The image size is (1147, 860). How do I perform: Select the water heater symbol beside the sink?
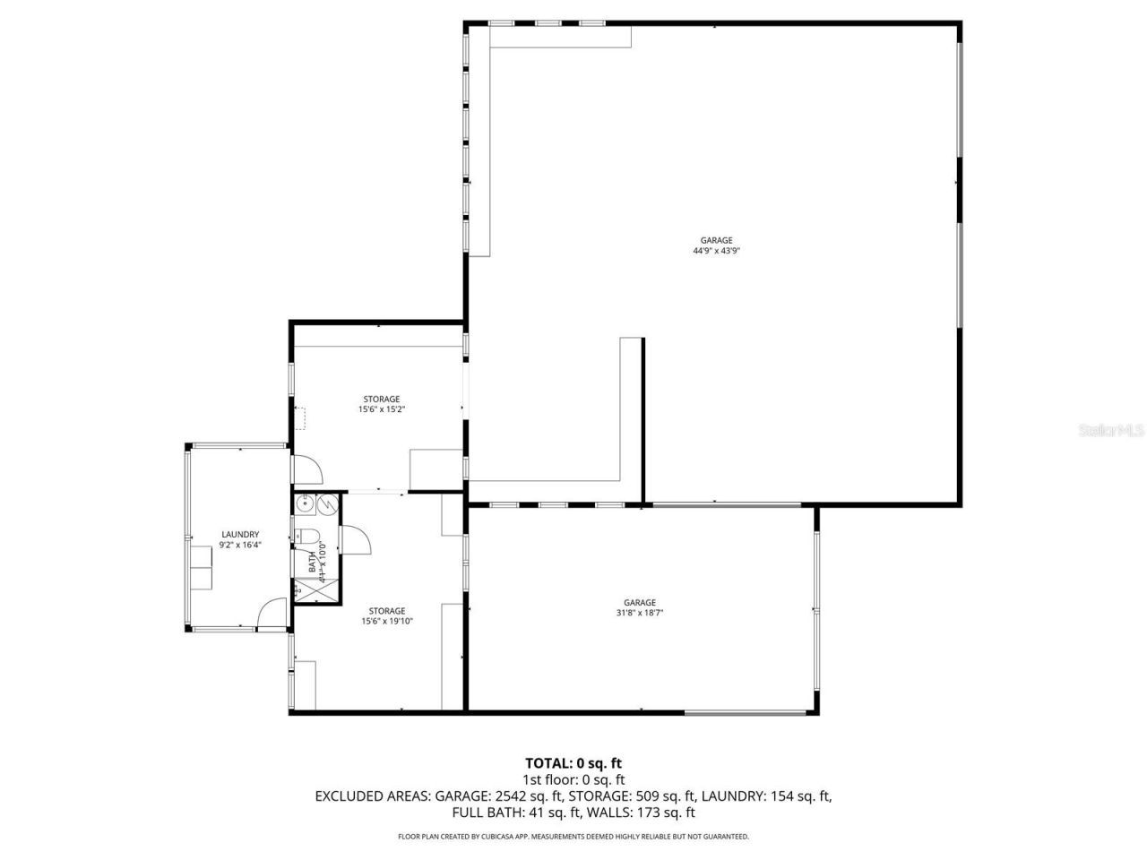(x=327, y=505)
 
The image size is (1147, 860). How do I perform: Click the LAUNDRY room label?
(x=240, y=535)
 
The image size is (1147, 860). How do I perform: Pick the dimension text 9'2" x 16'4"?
(x=240, y=545)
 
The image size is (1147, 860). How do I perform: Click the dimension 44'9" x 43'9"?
(x=716, y=251)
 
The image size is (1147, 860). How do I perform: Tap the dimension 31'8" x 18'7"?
(x=640, y=614)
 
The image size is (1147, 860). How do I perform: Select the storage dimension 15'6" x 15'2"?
(x=381, y=409)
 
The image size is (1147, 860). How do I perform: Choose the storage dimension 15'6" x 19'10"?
(x=387, y=621)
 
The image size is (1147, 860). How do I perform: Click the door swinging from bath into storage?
(x=357, y=540)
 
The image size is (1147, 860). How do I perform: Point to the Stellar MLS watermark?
(x=1111, y=431)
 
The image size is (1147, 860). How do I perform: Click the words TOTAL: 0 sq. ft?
(x=573, y=763)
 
